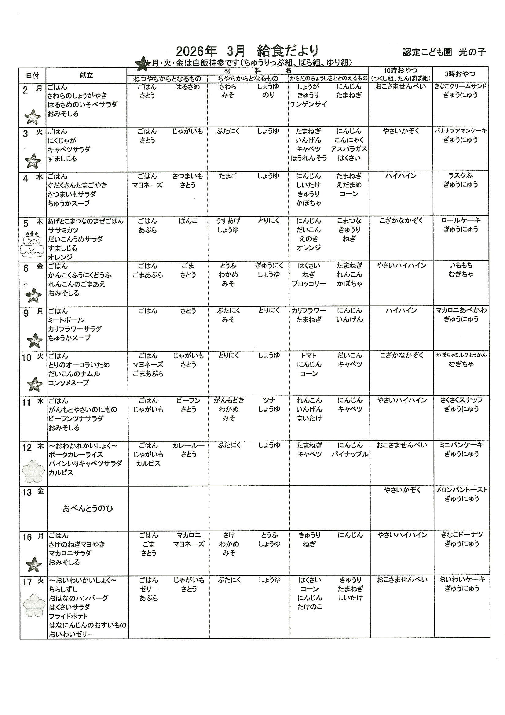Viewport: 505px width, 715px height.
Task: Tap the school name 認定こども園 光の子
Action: (x=444, y=52)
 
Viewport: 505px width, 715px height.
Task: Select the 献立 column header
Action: (x=86, y=75)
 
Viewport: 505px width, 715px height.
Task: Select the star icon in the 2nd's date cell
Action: (x=33, y=117)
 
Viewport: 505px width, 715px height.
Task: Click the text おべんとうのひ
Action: (x=88, y=509)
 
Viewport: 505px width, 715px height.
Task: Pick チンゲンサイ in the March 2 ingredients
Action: (x=308, y=104)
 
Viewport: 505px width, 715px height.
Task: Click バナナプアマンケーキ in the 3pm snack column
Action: (x=460, y=131)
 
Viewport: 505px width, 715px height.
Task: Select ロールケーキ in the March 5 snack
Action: (x=460, y=220)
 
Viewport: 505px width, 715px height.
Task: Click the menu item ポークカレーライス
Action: (x=75, y=455)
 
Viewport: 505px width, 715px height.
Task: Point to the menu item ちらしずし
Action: (x=63, y=589)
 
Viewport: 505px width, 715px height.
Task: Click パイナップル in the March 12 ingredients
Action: (x=349, y=454)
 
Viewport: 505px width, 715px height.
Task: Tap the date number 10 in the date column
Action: (x=27, y=358)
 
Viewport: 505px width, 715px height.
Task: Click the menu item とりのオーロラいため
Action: (x=79, y=365)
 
